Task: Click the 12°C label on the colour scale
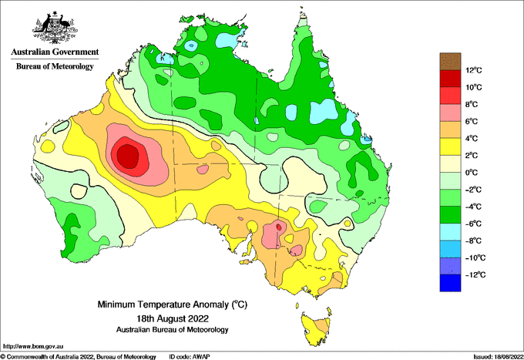474,70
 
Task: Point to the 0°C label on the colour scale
472,173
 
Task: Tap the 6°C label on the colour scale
472,121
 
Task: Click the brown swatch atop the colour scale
450,62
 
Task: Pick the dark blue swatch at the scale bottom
450,283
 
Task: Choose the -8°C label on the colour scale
474,241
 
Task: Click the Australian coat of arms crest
55,28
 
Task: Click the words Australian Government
55,52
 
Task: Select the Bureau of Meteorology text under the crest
55,66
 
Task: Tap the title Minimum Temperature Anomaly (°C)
173,304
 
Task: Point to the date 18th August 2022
173,318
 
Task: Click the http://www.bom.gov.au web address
33,346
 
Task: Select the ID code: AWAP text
190,357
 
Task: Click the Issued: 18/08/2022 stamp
498,357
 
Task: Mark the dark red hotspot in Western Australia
127,156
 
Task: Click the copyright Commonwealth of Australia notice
78,357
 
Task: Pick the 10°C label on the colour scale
474,87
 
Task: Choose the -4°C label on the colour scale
474,207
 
